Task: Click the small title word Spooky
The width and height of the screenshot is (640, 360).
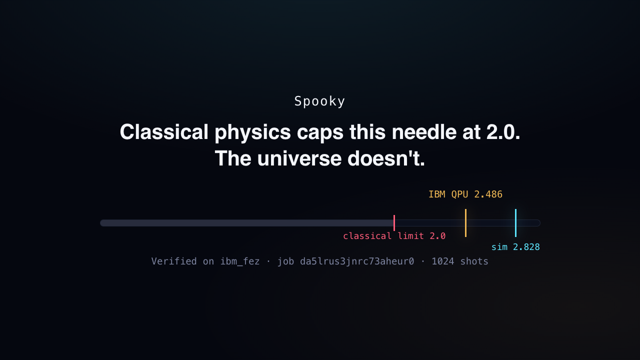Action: pos(319,101)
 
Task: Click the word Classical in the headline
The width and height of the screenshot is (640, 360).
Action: pos(164,131)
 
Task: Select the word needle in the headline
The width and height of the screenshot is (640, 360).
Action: pos(424,131)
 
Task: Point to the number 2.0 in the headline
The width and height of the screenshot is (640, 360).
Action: pos(503,132)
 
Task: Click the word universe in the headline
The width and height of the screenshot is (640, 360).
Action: pos(299,158)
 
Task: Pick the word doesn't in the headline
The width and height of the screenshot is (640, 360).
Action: pos(386,158)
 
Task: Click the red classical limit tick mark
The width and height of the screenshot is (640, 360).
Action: pos(394,223)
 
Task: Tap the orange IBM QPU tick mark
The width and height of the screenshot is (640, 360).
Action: pos(465,223)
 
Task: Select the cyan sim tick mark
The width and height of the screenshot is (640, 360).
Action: pos(515,223)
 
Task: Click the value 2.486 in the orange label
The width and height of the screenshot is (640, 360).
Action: pos(488,194)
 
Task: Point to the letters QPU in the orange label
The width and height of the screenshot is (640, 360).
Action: pos(459,194)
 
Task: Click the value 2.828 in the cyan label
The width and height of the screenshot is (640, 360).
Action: pos(526,247)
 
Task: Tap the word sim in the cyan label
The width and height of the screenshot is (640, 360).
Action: pos(499,247)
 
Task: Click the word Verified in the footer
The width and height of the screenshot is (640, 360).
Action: pos(174,261)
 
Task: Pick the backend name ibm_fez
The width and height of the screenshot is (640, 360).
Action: pos(240,261)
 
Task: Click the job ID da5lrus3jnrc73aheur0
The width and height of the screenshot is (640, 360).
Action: pos(357,261)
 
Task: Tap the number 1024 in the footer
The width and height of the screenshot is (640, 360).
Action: pos(443,261)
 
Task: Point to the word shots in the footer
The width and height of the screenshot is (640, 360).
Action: pos(474,261)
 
